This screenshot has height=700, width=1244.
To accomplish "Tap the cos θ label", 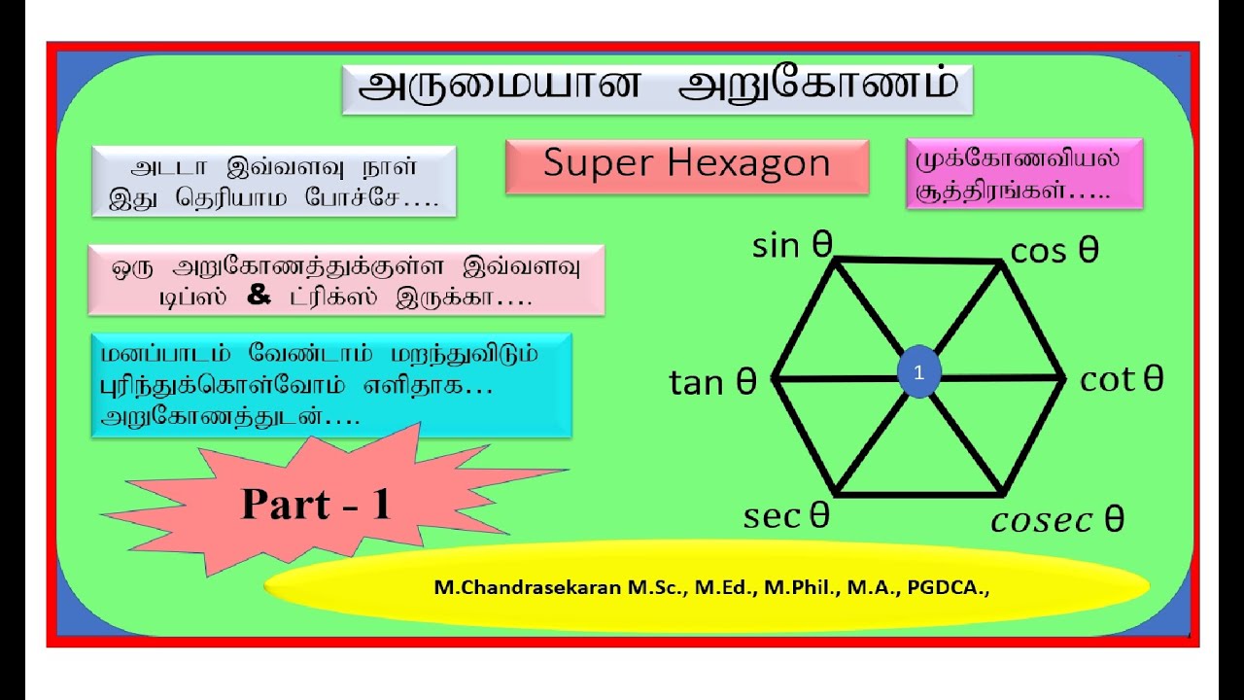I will click(x=1054, y=251).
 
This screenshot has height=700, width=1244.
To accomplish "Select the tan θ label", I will click(x=712, y=383).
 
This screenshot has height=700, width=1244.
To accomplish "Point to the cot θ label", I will click(x=1122, y=379).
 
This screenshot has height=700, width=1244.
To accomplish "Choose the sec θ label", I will click(x=786, y=516).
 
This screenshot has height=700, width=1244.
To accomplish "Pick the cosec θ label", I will click(x=1057, y=520).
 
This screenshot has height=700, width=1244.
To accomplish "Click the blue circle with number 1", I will click(x=919, y=372).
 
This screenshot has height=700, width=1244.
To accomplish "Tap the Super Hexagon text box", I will click(x=686, y=166).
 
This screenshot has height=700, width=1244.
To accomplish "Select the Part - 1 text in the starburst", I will click(x=316, y=504).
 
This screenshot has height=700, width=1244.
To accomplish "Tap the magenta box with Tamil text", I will click(x=1023, y=173).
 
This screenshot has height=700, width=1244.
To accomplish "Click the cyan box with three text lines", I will click(x=330, y=386).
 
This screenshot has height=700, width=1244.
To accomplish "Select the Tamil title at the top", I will click(x=657, y=88).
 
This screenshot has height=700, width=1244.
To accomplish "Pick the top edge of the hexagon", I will click(x=918, y=260).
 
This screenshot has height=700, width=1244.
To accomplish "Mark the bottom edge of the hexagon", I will click(x=918, y=494).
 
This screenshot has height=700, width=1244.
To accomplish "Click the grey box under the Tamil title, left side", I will click(x=273, y=180).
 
